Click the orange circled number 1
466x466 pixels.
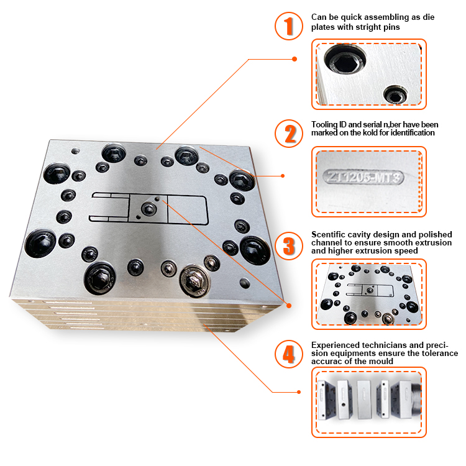click(288, 26)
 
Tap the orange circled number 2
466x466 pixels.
click(288, 134)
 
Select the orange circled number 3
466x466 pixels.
click(288, 246)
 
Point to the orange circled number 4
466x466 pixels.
click(288, 354)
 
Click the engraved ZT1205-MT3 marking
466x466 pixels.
click(363, 177)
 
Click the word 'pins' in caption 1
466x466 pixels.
click(391, 27)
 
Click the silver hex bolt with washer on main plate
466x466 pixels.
click(195, 281)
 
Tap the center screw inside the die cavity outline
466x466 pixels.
click(148, 208)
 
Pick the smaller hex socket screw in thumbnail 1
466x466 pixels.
click(396, 94)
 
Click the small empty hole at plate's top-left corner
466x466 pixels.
click(75, 151)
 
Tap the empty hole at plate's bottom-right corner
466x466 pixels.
click(245, 283)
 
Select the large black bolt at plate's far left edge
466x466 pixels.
click(40, 243)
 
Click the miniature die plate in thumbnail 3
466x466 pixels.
click(370, 295)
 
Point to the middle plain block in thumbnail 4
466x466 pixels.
click(363, 399)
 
